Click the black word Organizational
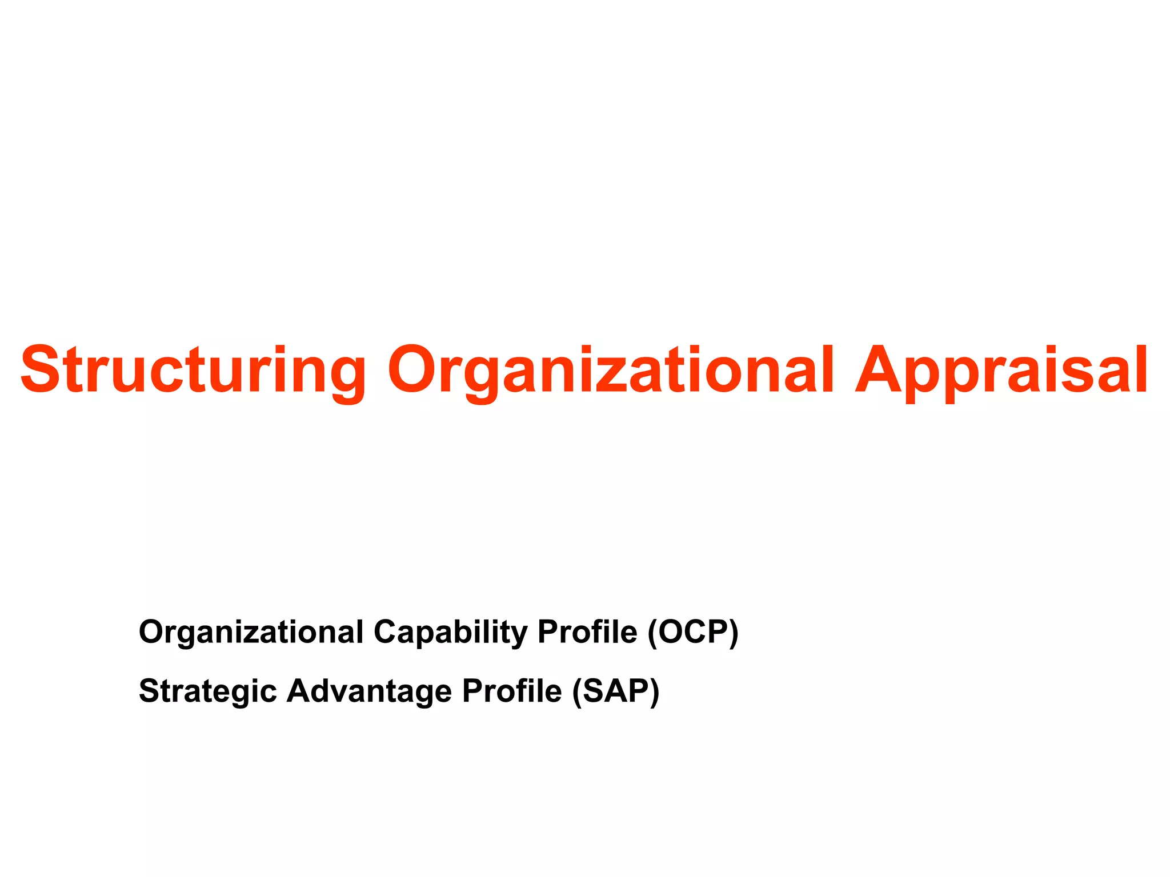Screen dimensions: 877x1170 point(251,632)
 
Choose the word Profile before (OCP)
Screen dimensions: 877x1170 point(587,632)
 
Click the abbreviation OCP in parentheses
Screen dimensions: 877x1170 point(693,632)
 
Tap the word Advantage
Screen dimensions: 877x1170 point(369,691)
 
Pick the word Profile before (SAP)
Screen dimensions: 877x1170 point(511,691)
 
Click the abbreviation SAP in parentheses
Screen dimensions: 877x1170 point(616,691)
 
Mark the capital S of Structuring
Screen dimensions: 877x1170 point(40,370)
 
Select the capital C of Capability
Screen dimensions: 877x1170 point(385,632)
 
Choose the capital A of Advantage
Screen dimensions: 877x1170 point(299,691)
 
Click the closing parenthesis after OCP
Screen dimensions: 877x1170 point(734,632)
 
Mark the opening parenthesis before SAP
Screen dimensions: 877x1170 point(578,691)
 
